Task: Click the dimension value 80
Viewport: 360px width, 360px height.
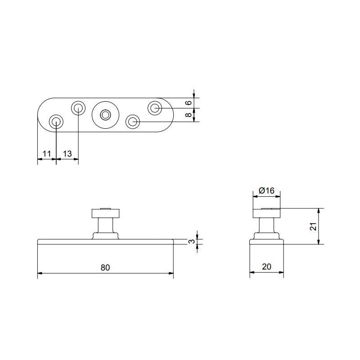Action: tap(105, 267)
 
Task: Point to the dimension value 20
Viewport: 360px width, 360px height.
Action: tap(266, 267)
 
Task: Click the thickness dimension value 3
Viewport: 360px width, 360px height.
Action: tap(192, 242)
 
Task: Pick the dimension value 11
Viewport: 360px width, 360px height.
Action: tap(46, 154)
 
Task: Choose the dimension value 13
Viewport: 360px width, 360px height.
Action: tap(67, 154)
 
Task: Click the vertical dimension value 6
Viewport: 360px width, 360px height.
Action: tap(189, 103)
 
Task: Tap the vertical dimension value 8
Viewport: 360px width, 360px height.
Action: tap(189, 115)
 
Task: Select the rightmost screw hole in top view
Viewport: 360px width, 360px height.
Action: tap(155, 108)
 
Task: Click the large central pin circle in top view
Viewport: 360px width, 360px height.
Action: tap(105, 114)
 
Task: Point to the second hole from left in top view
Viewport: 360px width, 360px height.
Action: tap(78, 108)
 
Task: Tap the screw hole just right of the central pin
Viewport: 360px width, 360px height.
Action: tap(133, 121)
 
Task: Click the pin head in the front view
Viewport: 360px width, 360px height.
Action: tap(105, 213)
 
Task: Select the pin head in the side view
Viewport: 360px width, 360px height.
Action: tap(266, 213)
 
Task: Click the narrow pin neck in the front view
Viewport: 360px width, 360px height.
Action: tap(105, 225)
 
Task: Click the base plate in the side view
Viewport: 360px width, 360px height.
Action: tap(266, 242)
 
